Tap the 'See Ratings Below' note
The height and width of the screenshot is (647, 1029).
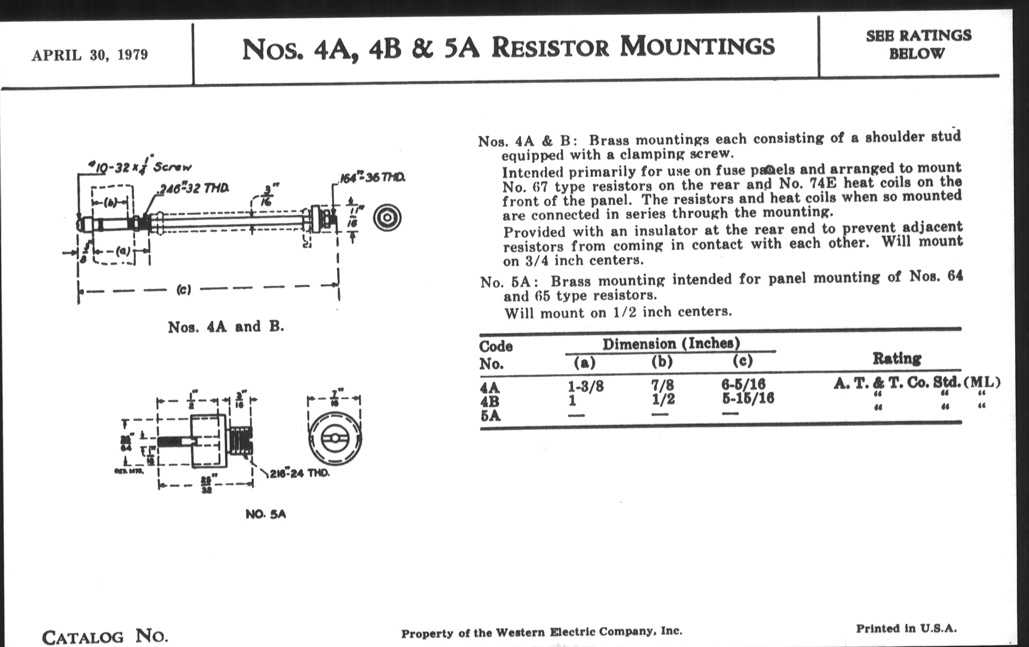coord(918,44)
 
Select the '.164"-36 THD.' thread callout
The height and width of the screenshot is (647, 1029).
coord(372,178)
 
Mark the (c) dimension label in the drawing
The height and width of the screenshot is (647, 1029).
coord(183,290)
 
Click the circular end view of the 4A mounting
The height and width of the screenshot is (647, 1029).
coord(387,218)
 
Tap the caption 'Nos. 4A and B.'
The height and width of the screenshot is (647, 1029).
coord(226,327)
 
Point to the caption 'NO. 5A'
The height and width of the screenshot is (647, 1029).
coord(265,515)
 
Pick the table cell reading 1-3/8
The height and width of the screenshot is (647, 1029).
coord(585,387)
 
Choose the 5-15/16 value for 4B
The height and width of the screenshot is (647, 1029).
coord(747,398)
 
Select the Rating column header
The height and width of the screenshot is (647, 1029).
coord(897,358)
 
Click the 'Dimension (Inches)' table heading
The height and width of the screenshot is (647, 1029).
coord(671,344)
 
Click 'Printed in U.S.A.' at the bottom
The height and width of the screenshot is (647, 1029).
coord(906,628)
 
